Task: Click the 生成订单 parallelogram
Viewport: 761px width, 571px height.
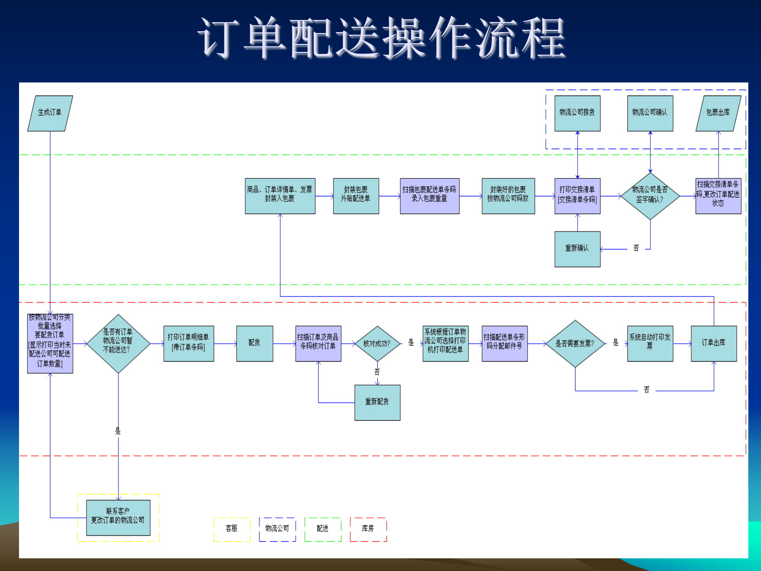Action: click(x=50, y=113)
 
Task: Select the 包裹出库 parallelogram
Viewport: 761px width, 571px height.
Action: click(x=718, y=113)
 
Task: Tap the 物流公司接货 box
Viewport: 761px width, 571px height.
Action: click(x=577, y=113)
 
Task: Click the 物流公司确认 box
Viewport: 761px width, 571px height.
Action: click(x=650, y=113)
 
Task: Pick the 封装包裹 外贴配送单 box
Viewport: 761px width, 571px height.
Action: click(x=356, y=196)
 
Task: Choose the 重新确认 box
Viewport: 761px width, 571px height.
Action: click(x=577, y=249)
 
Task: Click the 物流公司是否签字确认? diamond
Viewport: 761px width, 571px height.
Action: click(x=650, y=196)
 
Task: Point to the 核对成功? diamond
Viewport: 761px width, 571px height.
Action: click(x=377, y=343)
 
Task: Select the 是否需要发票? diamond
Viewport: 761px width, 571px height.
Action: click(x=575, y=343)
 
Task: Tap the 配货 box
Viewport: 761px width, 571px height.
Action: click(x=254, y=343)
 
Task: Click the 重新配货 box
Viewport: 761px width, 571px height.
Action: click(x=377, y=402)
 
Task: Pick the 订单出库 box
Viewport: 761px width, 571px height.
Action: click(x=714, y=343)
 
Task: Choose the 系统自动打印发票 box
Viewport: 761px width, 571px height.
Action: click(x=650, y=343)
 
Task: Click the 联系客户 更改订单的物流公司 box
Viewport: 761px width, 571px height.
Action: click(x=118, y=517)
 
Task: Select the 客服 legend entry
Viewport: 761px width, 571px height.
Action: click(x=232, y=529)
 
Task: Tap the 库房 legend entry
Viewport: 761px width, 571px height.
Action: click(x=368, y=529)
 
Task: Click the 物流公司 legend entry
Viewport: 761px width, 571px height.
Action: click(x=277, y=529)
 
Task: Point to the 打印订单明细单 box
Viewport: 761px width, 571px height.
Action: click(x=189, y=343)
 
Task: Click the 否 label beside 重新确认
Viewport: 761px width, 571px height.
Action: click(x=636, y=248)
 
